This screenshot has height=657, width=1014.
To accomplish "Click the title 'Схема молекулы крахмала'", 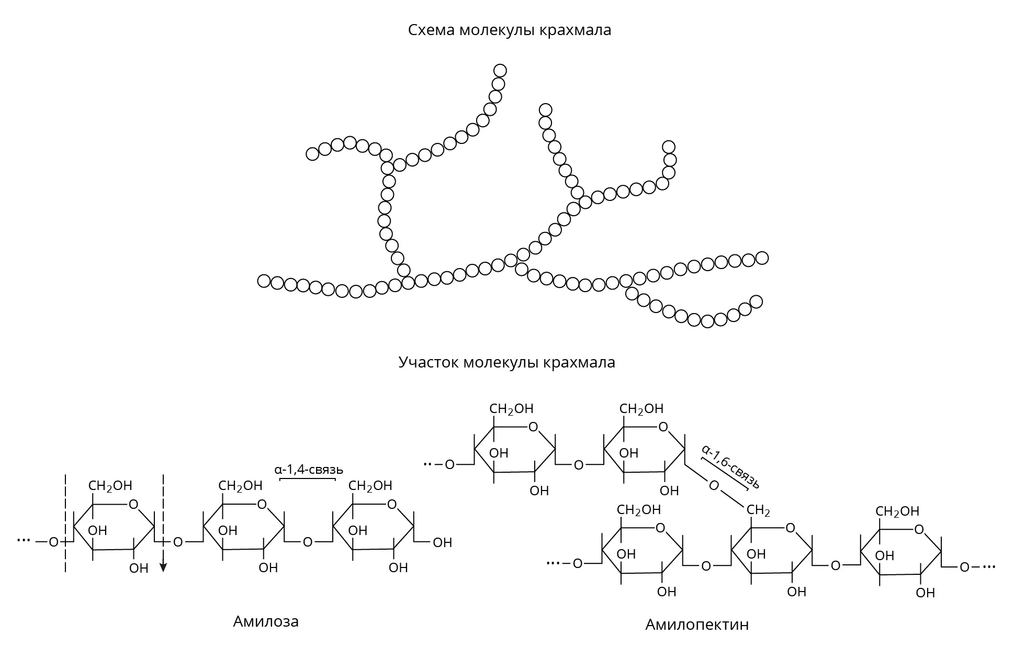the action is (509, 30).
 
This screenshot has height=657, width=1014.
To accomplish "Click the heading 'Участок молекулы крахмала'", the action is (506, 362).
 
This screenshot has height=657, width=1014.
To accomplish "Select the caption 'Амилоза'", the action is (266, 621).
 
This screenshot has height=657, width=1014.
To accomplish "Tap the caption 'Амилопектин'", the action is (697, 625).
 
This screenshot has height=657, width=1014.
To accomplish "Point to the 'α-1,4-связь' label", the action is (309, 469).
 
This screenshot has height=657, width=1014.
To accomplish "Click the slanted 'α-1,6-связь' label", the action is (730, 466).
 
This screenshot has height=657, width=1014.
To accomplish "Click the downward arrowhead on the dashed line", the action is (163, 567).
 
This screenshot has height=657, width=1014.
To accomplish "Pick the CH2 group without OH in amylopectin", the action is (758, 510).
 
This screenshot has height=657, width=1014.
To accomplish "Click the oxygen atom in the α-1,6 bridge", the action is (714, 486).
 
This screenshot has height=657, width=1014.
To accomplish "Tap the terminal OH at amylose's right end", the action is (443, 542).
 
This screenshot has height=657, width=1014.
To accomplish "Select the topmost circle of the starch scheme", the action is (500, 70).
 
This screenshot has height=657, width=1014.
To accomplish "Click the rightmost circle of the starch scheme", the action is (762, 258).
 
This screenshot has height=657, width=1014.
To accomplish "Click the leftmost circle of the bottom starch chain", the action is (264, 281).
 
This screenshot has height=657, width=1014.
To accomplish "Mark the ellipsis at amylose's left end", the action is (24, 540).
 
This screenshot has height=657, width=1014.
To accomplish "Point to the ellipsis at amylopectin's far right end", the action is (988, 566).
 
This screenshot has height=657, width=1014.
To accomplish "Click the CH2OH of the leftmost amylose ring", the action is (110, 486).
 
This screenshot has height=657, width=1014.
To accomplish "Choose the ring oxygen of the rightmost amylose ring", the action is (392, 505).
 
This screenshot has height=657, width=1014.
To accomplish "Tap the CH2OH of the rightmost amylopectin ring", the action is (898, 511).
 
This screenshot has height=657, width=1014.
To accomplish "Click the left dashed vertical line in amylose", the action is (65, 523).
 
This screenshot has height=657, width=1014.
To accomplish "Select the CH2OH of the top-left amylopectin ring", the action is (512, 409).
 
